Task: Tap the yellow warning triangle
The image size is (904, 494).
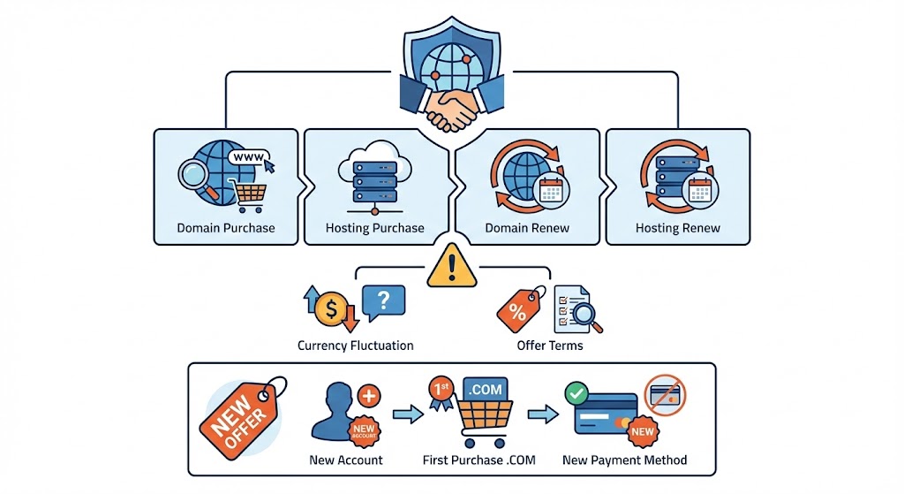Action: click(x=452, y=266)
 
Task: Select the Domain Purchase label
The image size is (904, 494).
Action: click(x=226, y=228)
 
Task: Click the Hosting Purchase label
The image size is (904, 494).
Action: click(x=375, y=228)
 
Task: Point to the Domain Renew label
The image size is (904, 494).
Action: click(x=527, y=228)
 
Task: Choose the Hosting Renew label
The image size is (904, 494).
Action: click(x=678, y=228)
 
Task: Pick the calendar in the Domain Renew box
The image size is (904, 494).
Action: click(x=551, y=189)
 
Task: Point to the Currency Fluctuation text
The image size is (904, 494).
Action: click(x=356, y=346)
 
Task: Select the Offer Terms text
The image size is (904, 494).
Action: click(x=550, y=346)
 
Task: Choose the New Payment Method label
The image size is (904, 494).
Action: click(x=624, y=460)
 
